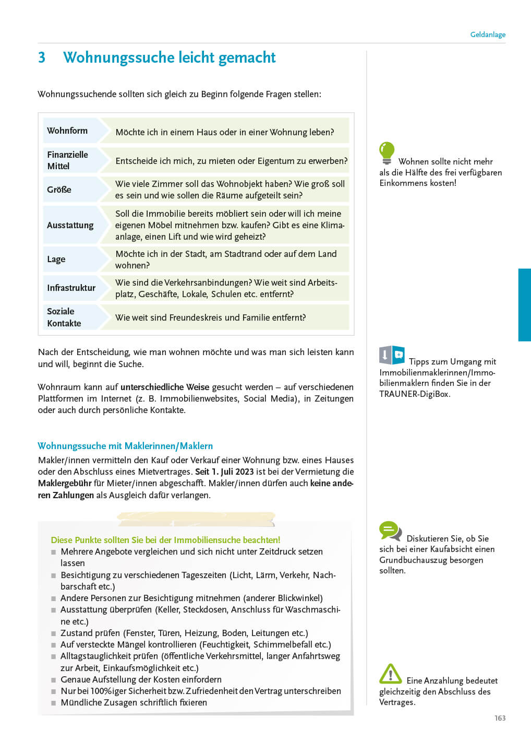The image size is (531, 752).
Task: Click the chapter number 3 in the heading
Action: pos(42,57)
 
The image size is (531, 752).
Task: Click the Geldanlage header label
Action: pos(488,34)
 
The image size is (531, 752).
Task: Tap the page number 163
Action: pos(500,718)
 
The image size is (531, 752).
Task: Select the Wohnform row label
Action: pos(67,131)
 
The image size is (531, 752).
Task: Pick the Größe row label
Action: pos(59,190)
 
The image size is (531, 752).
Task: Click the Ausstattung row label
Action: pos(70,225)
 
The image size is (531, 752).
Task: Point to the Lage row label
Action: pos(56,259)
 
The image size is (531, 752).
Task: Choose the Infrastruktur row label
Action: pos(71,288)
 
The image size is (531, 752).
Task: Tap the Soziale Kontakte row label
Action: pos(64,317)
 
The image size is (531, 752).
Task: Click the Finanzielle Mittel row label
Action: pos(67,160)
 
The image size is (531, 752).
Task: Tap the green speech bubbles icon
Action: pos(390,531)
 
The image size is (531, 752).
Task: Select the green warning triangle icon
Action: pos(390,674)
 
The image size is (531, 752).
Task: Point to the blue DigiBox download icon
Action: pos(392,355)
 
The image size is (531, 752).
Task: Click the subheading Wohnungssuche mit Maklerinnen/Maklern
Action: pos(125,446)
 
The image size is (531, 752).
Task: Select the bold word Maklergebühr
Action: pos(65,483)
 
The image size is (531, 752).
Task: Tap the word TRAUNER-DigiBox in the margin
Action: pos(414,394)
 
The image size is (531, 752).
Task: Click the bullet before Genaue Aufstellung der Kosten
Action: pos(54,680)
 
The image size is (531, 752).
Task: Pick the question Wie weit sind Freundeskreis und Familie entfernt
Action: pos(211,318)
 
